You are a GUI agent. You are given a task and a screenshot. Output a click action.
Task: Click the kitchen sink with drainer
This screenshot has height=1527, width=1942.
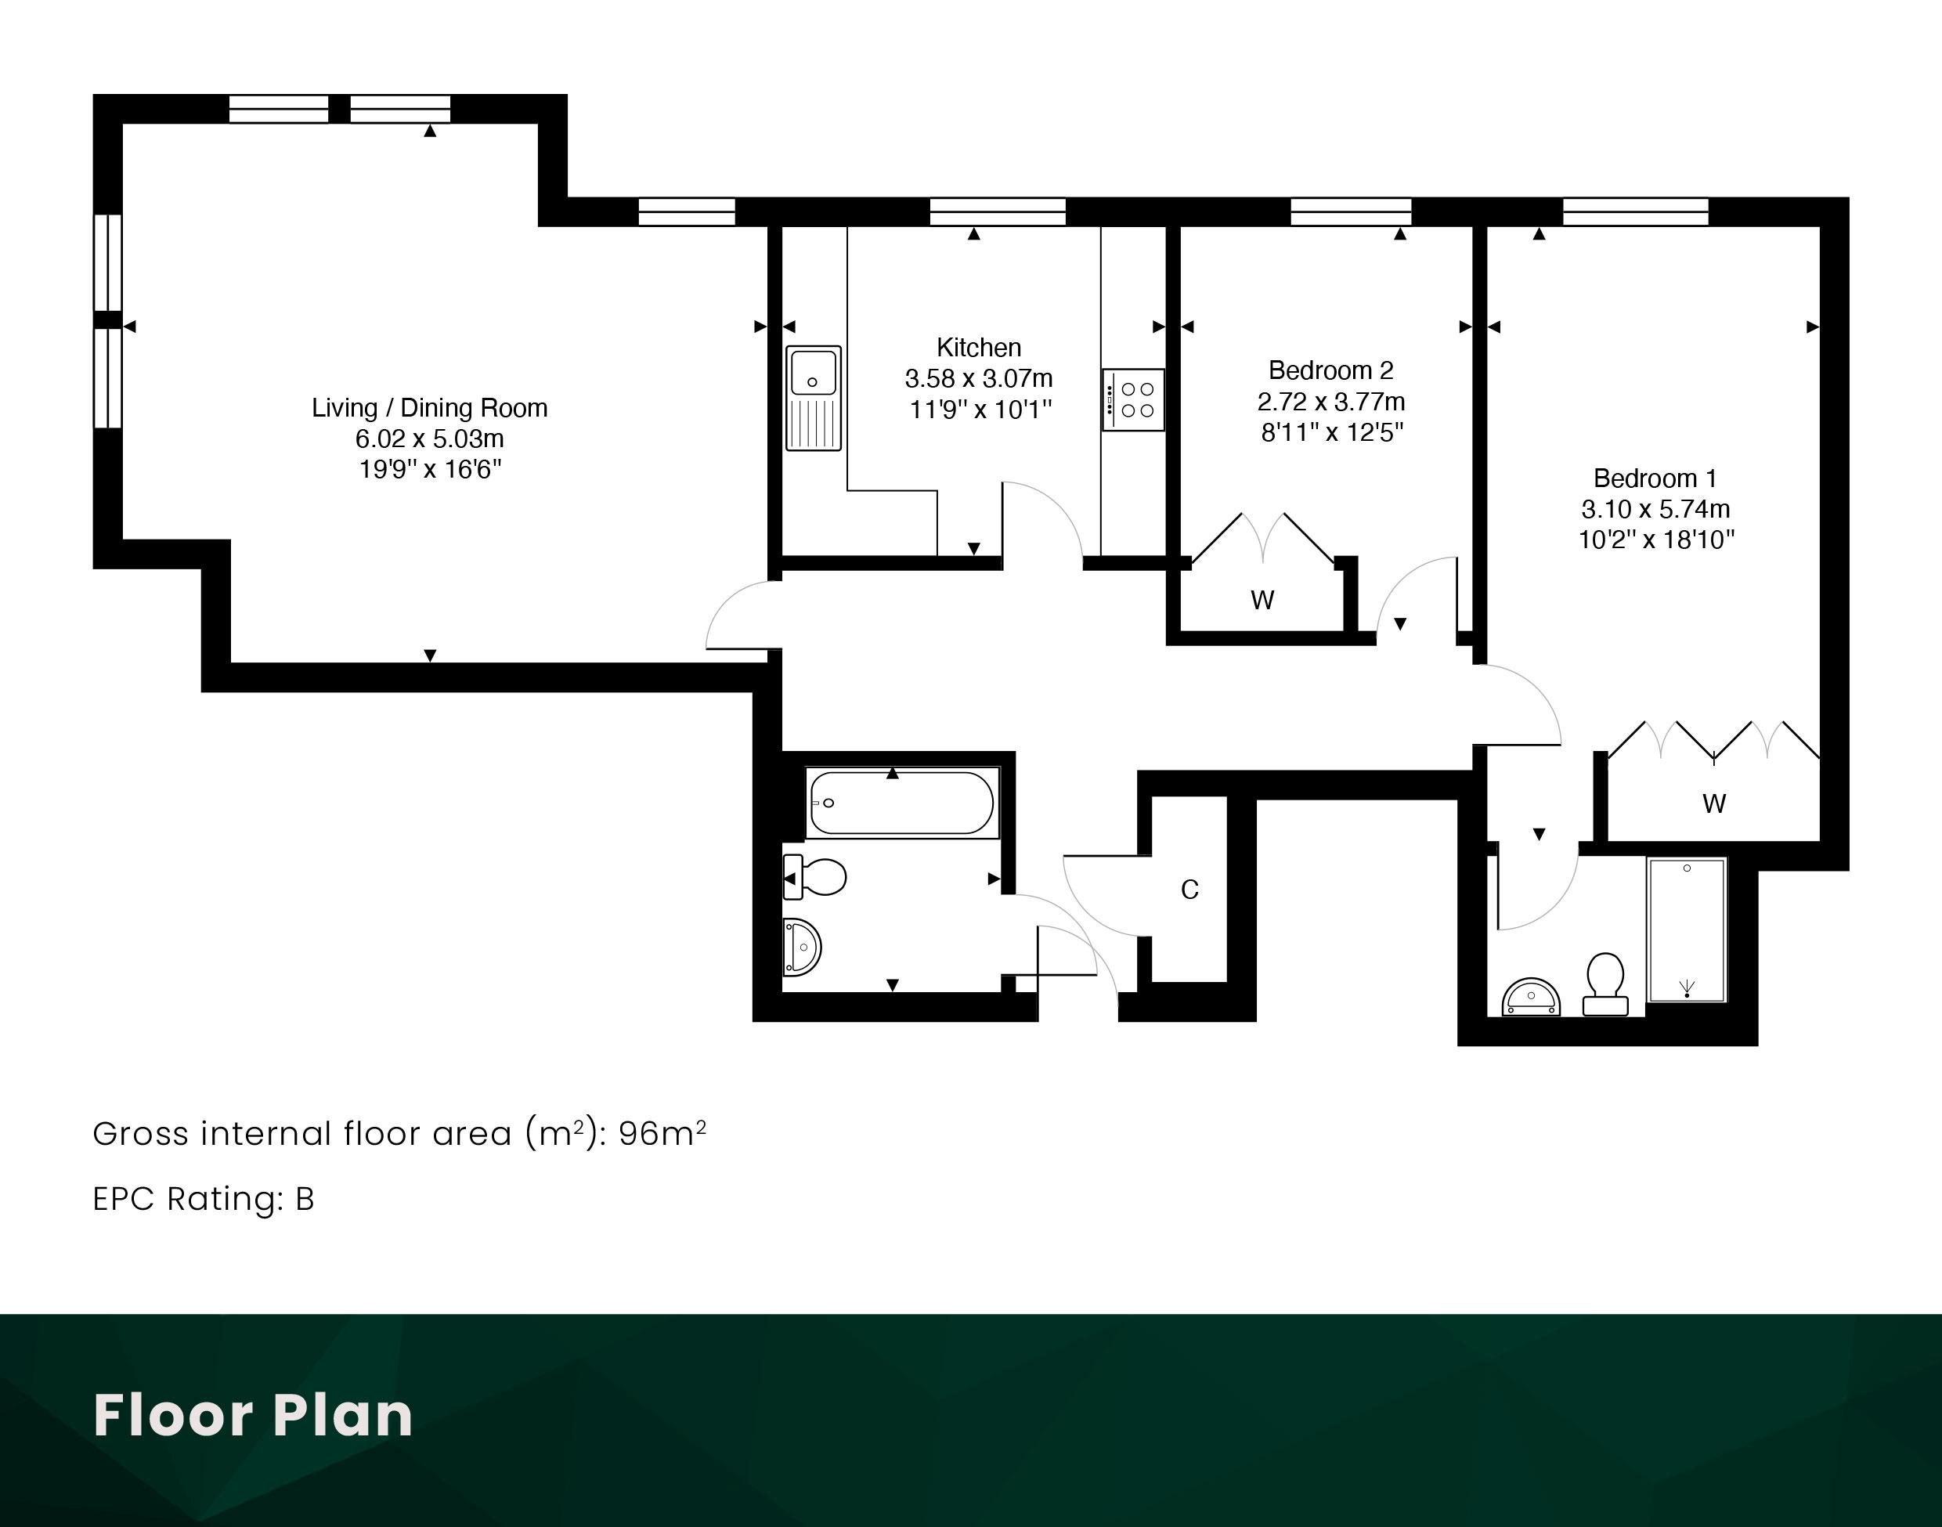tap(814, 398)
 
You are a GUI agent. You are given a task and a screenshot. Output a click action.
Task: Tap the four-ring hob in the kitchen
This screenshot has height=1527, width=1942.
tap(1133, 399)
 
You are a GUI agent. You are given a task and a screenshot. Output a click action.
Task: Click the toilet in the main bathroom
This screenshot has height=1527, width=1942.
tap(814, 877)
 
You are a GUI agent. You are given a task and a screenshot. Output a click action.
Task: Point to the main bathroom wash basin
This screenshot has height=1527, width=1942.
tap(802, 946)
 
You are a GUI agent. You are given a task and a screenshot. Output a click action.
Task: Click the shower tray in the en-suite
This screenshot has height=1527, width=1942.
tap(1686, 930)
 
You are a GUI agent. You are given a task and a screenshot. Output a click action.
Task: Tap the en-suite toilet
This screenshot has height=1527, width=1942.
tap(1606, 984)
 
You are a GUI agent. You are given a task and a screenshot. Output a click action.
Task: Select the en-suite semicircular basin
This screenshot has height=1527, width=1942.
tap(1531, 997)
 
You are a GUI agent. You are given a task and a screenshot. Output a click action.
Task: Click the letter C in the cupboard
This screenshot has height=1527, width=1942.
tap(1189, 890)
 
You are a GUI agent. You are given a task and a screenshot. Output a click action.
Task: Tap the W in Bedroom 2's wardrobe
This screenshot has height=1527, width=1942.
tap(1262, 600)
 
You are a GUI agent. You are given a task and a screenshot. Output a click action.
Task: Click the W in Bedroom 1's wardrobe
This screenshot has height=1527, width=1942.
tap(1714, 803)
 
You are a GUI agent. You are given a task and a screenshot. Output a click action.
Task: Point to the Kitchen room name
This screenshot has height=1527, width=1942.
tap(978, 347)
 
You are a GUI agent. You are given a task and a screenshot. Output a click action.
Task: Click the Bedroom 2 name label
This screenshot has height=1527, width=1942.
tap(1330, 370)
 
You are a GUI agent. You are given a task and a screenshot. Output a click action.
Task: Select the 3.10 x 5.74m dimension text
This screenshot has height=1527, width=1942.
tap(1655, 509)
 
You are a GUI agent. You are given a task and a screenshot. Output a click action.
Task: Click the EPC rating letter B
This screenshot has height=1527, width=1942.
tap(305, 1199)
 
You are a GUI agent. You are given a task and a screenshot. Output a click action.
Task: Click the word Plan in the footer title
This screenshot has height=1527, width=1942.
tap(342, 1415)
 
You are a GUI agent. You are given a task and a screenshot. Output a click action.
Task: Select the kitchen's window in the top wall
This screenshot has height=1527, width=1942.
tap(998, 212)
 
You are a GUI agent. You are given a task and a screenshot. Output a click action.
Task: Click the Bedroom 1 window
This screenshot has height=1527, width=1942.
tap(1635, 212)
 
